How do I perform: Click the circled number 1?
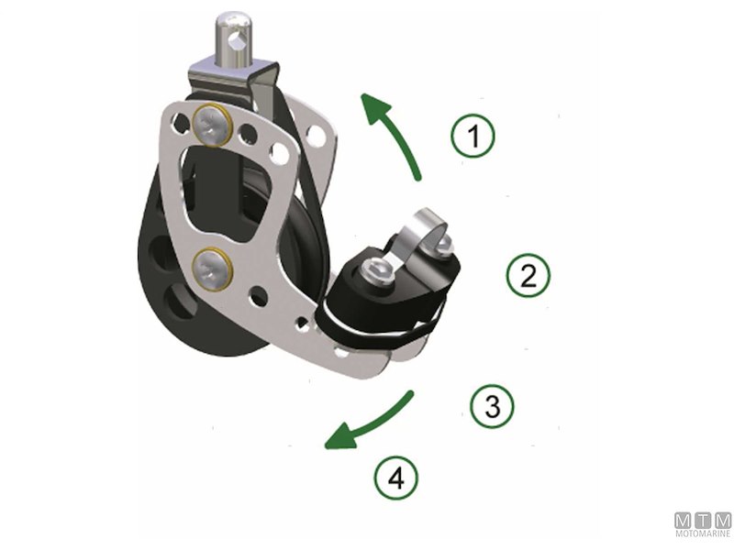[x=473, y=136]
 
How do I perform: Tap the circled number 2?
[x=528, y=276]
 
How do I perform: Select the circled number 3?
[x=492, y=406]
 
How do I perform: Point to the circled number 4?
[x=396, y=478]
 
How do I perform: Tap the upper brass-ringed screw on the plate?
[x=213, y=125]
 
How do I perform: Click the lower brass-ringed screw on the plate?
[x=213, y=269]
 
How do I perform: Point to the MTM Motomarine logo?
[x=703, y=523]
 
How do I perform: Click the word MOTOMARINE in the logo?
[x=703, y=533]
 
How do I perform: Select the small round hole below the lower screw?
[x=258, y=295]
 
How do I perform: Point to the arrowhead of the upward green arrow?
[x=375, y=108]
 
